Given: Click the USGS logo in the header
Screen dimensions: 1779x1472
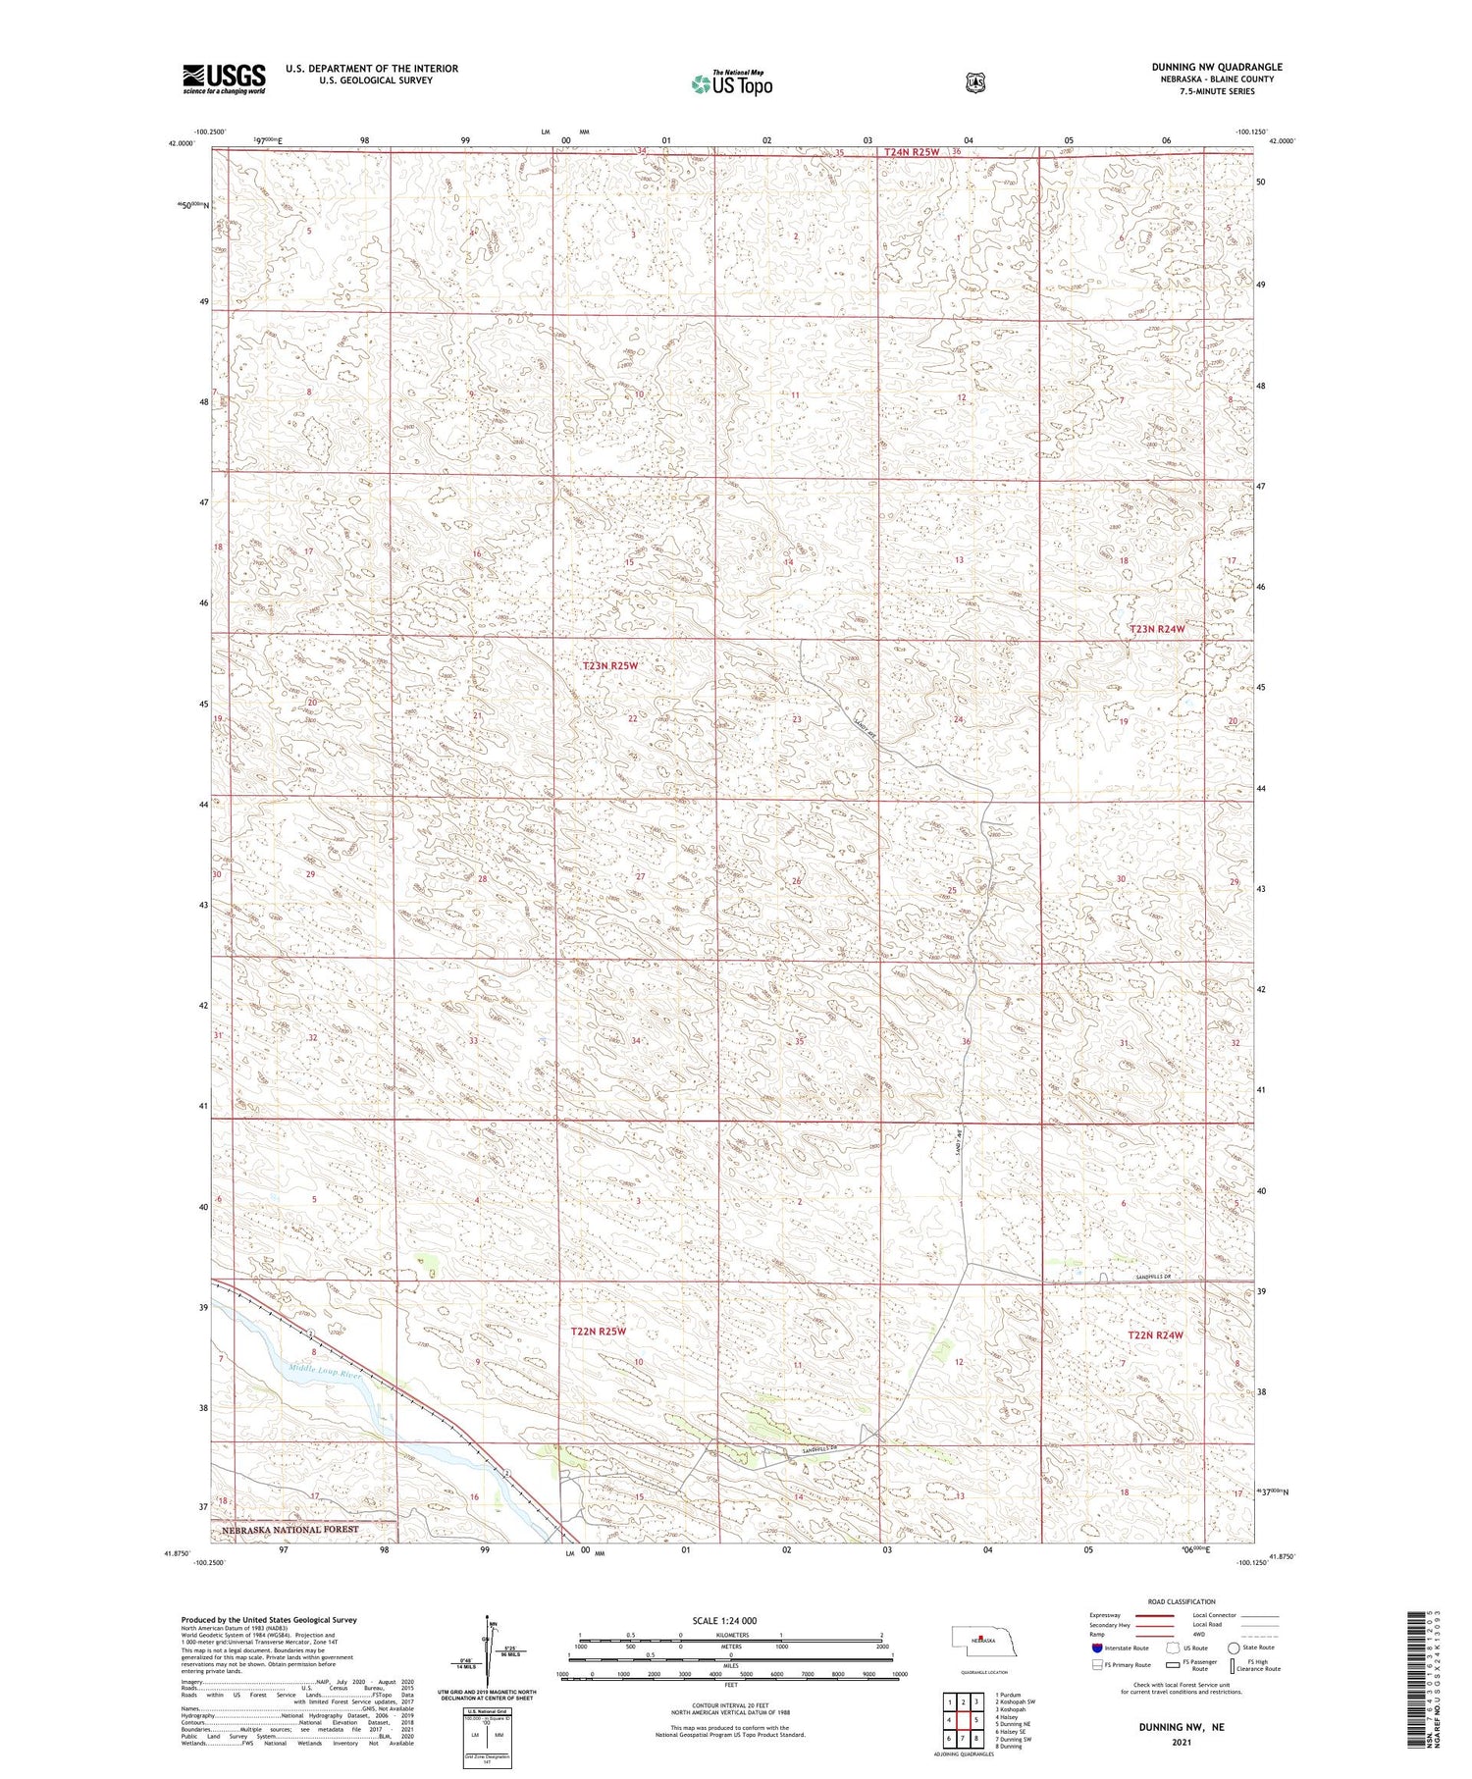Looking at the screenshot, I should click(224, 78).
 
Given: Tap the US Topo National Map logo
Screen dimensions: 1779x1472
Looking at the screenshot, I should click(731, 83).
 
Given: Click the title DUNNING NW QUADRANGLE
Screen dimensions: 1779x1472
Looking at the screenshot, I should click(1217, 67).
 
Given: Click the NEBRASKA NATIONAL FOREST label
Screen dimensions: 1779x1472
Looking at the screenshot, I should click(289, 1530).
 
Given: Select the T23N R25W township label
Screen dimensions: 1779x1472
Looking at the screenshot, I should click(610, 665).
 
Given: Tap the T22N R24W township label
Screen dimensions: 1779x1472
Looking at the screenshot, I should click(1155, 1335).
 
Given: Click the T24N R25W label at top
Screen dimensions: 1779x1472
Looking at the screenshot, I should click(911, 152).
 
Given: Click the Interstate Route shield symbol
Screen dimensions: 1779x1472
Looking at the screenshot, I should click(1096, 1648).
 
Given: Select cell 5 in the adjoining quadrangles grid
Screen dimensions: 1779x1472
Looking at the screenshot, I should click(976, 1720).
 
